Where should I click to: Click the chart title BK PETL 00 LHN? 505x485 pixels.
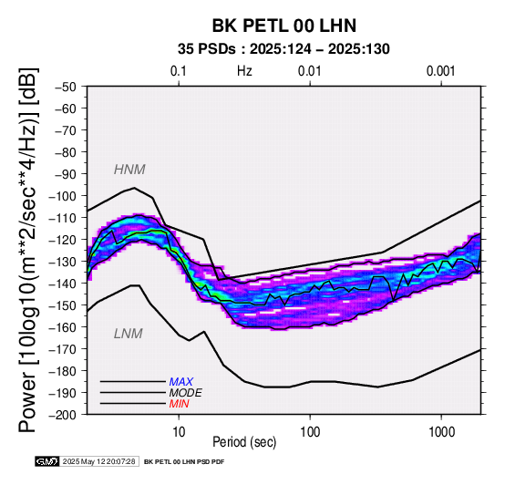(284, 26)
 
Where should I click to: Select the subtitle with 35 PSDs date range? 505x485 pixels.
(283, 49)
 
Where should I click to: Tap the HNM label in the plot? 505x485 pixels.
(129, 170)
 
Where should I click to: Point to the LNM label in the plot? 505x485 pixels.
(129, 334)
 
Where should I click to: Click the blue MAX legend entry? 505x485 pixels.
(180, 382)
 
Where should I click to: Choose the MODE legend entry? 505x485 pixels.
(186, 393)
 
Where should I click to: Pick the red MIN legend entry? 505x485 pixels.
(179, 404)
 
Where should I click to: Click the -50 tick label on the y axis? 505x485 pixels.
(66, 87)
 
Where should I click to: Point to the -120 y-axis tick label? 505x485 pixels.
(63, 240)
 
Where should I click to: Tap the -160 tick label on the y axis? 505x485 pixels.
(63, 327)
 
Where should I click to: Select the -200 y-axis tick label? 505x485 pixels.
(63, 415)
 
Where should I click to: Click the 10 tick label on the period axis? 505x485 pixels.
(179, 432)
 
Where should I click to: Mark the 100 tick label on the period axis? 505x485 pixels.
(310, 432)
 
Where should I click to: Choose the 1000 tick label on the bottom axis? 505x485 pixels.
(441, 432)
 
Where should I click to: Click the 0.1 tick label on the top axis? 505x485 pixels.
(179, 71)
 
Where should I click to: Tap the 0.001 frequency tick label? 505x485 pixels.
(441, 71)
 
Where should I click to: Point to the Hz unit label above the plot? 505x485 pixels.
(244, 71)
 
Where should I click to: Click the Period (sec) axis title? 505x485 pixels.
(244, 442)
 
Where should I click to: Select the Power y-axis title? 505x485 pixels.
(27, 250)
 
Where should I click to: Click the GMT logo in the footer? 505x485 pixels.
(47, 461)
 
